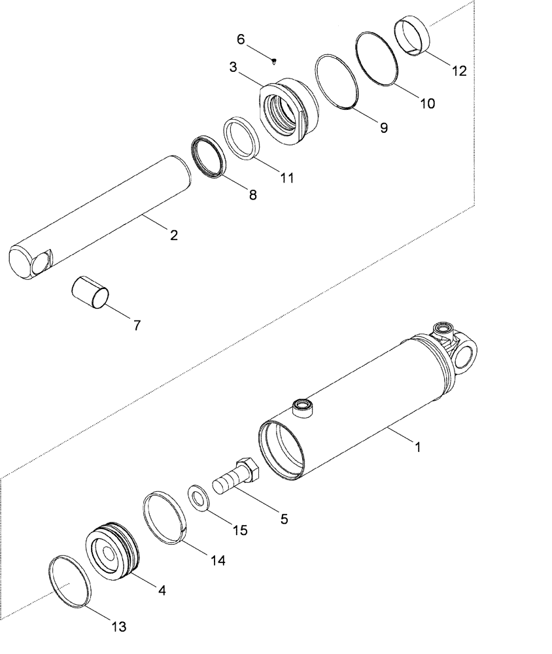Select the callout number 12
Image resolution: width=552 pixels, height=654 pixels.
point(459,71)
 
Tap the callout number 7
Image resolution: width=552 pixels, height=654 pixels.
point(137,325)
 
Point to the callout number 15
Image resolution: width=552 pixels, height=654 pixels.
point(240,530)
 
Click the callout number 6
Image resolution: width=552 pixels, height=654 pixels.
point(241,39)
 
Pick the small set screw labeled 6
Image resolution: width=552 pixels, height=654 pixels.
point(274,61)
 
